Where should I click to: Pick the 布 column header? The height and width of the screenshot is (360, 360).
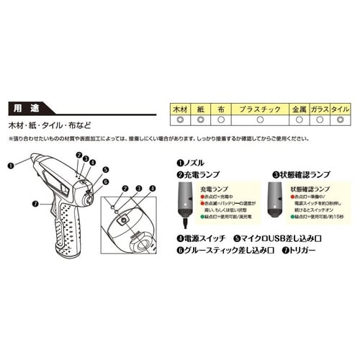click(222, 109)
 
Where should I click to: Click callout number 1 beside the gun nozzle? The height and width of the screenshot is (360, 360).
click(11, 164)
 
